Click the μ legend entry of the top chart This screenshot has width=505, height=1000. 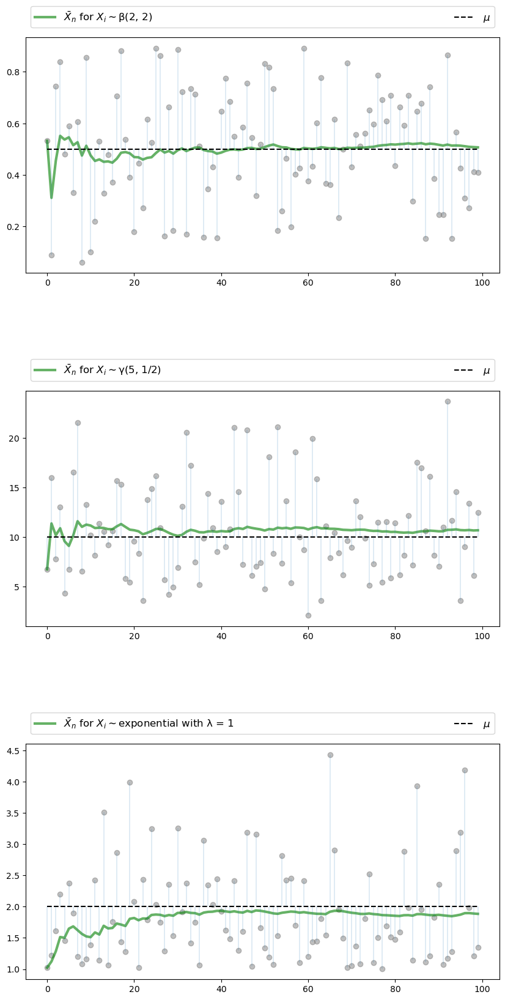486,18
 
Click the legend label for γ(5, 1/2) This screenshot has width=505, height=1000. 112,370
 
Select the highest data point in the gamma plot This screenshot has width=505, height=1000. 448,402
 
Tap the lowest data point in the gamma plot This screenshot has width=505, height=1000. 308,615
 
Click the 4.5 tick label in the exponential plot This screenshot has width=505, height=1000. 13,751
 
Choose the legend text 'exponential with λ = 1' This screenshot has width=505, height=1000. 149,724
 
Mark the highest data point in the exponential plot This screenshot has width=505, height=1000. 330,755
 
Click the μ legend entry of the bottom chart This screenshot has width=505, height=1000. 486,724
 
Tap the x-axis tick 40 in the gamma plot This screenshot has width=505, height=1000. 221,637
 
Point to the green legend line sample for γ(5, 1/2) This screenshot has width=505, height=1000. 45,370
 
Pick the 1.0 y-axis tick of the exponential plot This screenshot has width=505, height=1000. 13,970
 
